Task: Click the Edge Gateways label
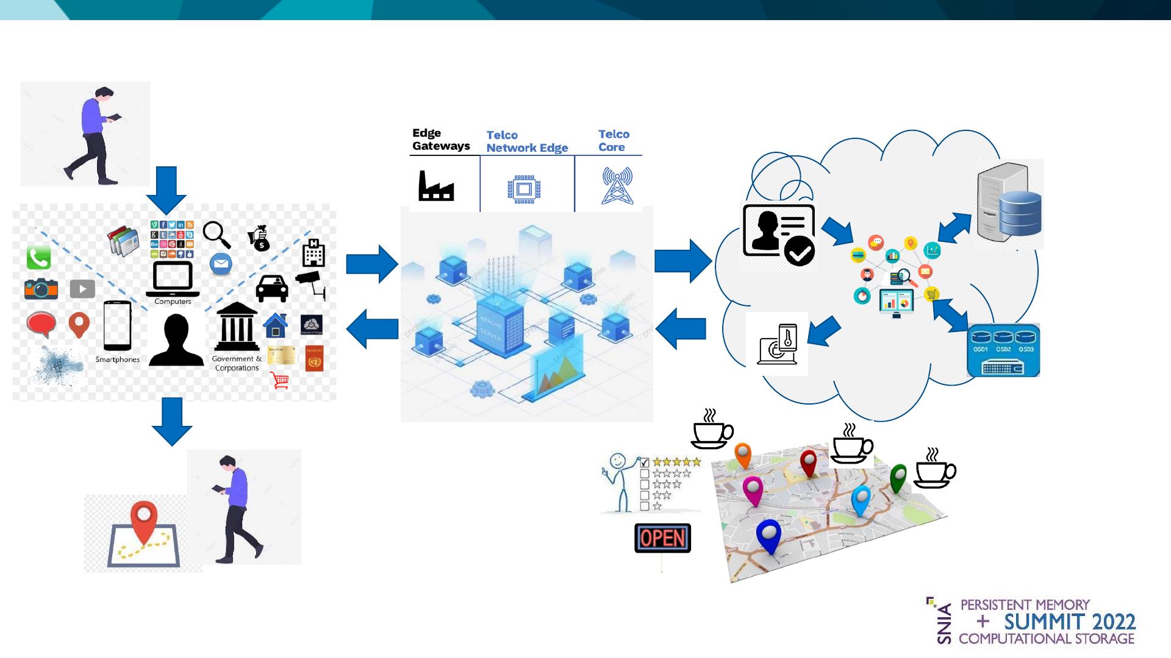pyautogui.click(x=440, y=140)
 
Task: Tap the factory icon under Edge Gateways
pyautogui.click(x=436, y=186)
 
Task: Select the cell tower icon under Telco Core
pyautogui.click(x=617, y=186)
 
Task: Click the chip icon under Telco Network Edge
pyautogui.click(x=524, y=189)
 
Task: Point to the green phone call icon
pyautogui.click(x=38, y=258)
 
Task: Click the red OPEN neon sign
pyautogui.click(x=662, y=538)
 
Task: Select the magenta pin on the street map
pyautogui.click(x=753, y=490)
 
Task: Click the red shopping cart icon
pyautogui.click(x=279, y=381)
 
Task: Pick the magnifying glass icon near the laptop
pyautogui.click(x=216, y=235)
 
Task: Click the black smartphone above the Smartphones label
pyautogui.click(x=117, y=325)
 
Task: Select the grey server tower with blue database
pyautogui.click(x=1008, y=204)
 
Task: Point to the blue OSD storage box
pyautogui.click(x=1003, y=351)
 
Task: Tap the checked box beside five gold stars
pyautogui.click(x=644, y=462)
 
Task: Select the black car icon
pyautogui.click(x=272, y=288)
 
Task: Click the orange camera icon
pyautogui.click(x=41, y=289)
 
